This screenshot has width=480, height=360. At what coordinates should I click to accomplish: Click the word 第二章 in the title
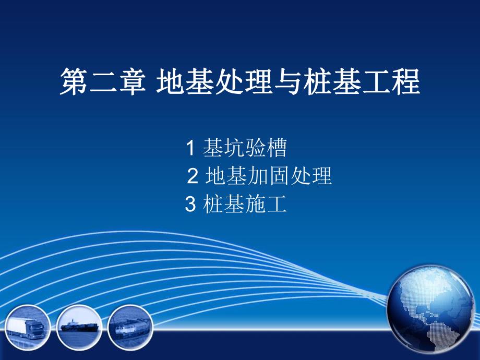(x=102, y=83)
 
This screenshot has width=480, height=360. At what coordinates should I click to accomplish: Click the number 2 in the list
(x=192, y=177)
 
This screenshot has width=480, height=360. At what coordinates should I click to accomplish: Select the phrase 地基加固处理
(x=269, y=176)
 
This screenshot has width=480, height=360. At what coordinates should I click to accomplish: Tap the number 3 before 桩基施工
(x=190, y=204)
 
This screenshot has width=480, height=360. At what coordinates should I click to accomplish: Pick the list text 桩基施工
(x=245, y=204)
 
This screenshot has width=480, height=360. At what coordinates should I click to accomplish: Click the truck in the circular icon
(x=28, y=327)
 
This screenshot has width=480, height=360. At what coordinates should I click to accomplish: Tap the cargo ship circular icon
(x=79, y=327)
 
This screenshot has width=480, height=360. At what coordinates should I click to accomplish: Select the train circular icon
(x=129, y=327)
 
